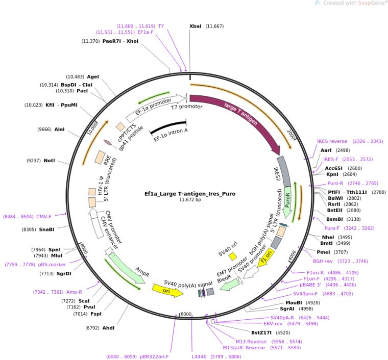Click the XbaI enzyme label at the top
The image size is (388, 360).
(x=196, y=26)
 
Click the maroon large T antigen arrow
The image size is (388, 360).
(x=240, y=117)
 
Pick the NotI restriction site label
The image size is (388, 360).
(x=49, y=161)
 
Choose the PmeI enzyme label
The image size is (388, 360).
(x=324, y=252)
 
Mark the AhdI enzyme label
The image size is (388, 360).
(x=108, y=327)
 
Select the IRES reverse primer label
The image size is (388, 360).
(x=332, y=141)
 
